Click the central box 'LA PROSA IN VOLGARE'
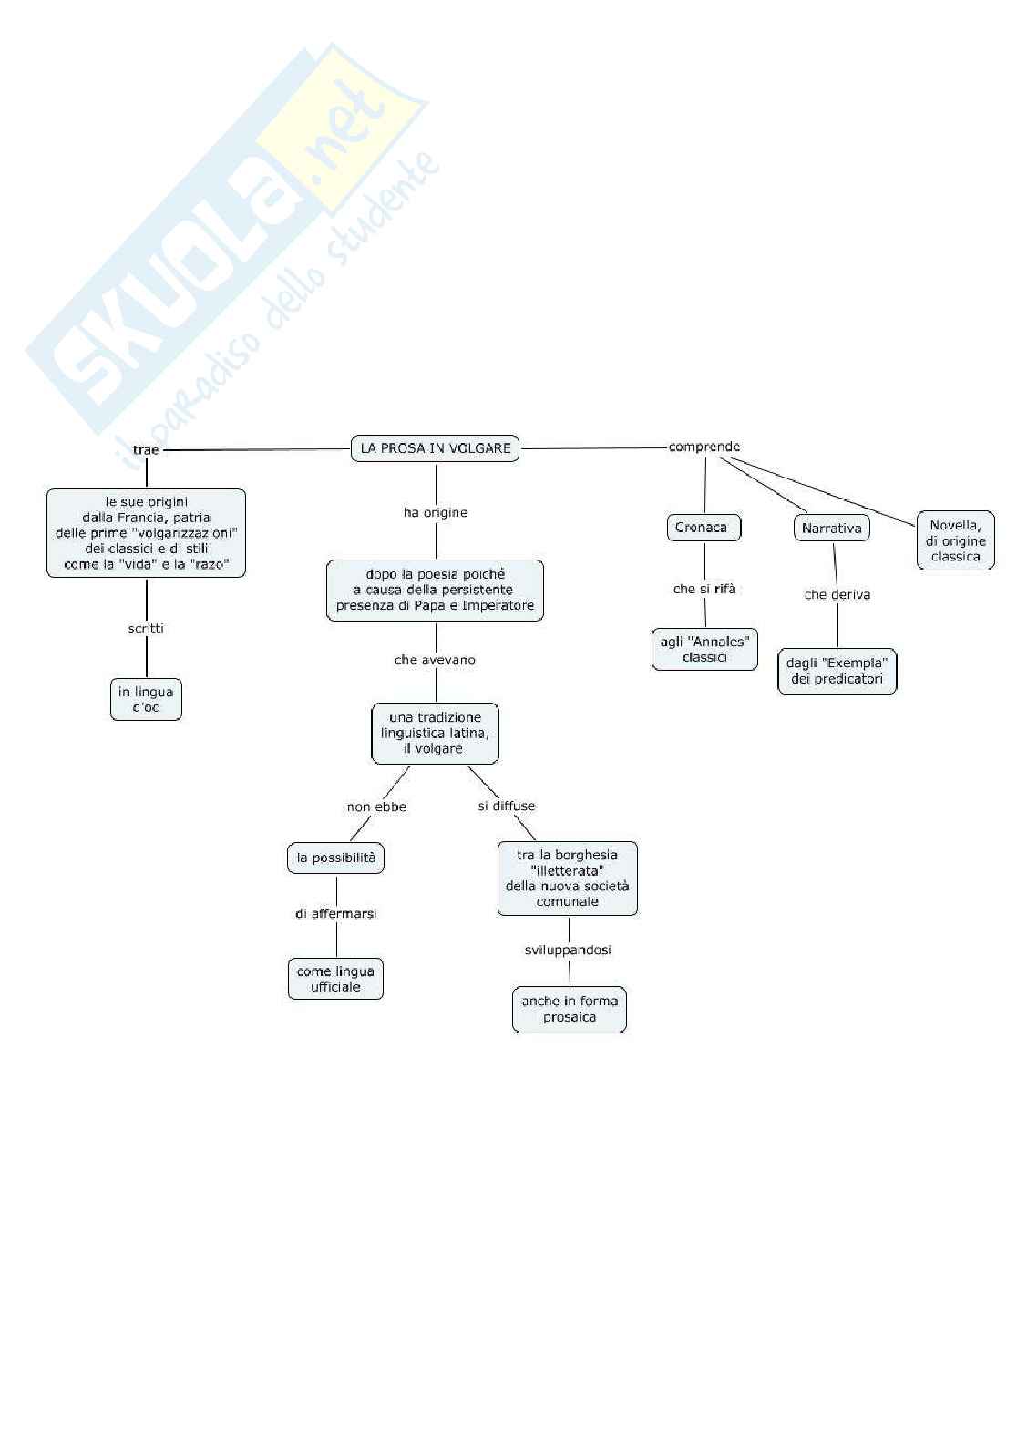click(x=435, y=448)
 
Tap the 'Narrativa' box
click(x=831, y=529)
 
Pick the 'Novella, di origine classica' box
click(x=955, y=540)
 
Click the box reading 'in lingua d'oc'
click(x=146, y=699)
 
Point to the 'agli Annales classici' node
click(x=704, y=649)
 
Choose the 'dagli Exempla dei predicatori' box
click(x=837, y=671)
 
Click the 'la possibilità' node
click(x=335, y=858)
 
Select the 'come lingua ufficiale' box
click(x=335, y=979)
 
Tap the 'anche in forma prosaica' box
click(x=570, y=1009)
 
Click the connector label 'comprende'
click(x=704, y=447)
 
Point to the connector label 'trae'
click(x=146, y=450)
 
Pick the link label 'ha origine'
click(x=436, y=512)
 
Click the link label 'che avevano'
click(x=435, y=660)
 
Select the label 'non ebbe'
click(x=376, y=807)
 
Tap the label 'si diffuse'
click(x=507, y=806)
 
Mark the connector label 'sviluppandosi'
click(x=568, y=950)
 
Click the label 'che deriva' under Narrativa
click(x=837, y=594)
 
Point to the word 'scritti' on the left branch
click(x=146, y=629)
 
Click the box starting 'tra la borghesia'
click(x=567, y=878)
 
